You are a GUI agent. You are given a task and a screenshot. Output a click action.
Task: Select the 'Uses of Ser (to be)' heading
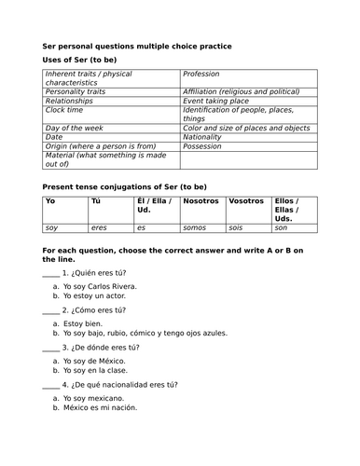coord(87,60)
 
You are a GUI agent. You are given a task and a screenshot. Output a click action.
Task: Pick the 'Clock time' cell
coord(66,110)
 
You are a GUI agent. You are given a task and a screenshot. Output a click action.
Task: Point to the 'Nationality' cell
coord(202,136)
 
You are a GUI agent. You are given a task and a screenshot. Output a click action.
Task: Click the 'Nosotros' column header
coord(201,201)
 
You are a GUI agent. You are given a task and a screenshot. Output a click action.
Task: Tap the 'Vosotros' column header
coord(246,201)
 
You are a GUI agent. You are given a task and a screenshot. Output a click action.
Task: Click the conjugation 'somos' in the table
coord(195,228)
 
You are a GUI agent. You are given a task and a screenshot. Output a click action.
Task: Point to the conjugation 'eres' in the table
coord(100,228)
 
